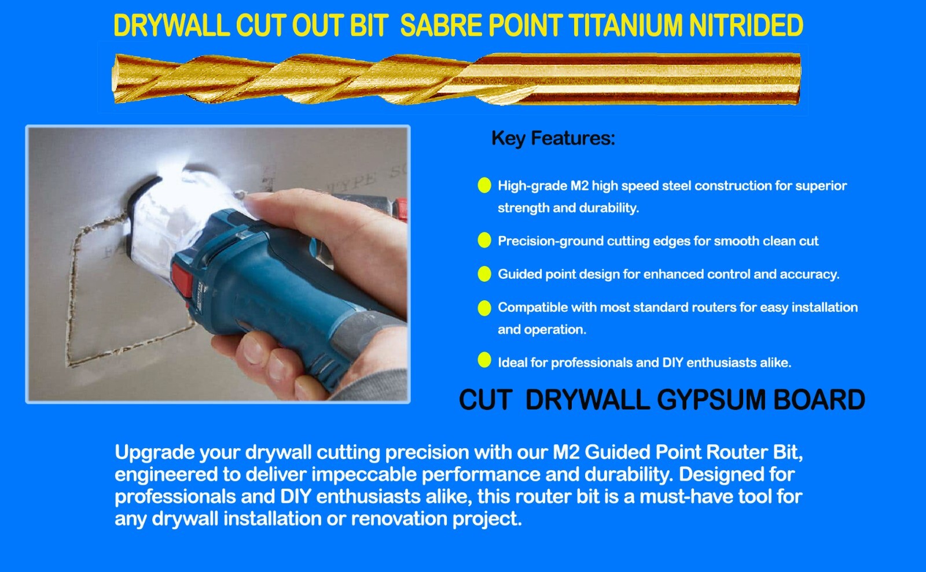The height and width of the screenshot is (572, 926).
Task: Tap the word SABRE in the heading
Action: point(441,26)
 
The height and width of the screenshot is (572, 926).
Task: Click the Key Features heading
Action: point(553,138)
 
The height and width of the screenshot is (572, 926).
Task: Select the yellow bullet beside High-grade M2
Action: point(484,185)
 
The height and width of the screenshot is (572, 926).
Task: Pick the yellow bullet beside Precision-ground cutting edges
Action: point(484,241)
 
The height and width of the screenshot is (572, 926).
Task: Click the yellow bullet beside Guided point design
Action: point(484,274)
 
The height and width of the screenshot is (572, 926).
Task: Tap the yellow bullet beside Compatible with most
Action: point(484,307)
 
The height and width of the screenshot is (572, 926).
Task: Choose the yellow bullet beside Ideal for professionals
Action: point(484,360)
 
